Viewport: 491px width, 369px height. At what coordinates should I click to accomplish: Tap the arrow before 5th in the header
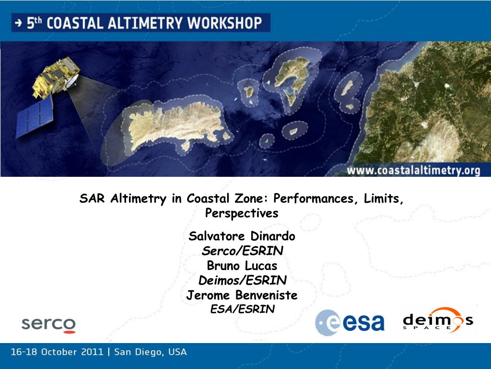pyautogui.click(x=19, y=23)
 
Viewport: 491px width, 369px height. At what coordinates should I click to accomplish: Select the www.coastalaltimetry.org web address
pyautogui.click(x=413, y=171)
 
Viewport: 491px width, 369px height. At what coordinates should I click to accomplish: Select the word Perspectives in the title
pyautogui.click(x=242, y=213)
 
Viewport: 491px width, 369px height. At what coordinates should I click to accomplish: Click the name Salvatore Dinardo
pyautogui.click(x=242, y=236)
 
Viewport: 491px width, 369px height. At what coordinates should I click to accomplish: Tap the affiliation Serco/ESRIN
pyautogui.click(x=242, y=251)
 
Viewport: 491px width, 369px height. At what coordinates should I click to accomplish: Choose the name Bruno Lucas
pyautogui.click(x=242, y=265)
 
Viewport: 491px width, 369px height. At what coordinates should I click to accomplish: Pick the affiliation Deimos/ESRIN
pyautogui.click(x=242, y=280)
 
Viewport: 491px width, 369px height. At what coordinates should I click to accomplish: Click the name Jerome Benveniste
pyautogui.click(x=242, y=295)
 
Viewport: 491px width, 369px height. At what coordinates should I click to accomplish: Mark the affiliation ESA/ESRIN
pyautogui.click(x=242, y=309)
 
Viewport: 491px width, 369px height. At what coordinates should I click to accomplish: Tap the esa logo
pyautogui.click(x=350, y=322)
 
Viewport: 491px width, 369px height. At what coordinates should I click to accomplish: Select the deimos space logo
pyautogui.click(x=437, y=320)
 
